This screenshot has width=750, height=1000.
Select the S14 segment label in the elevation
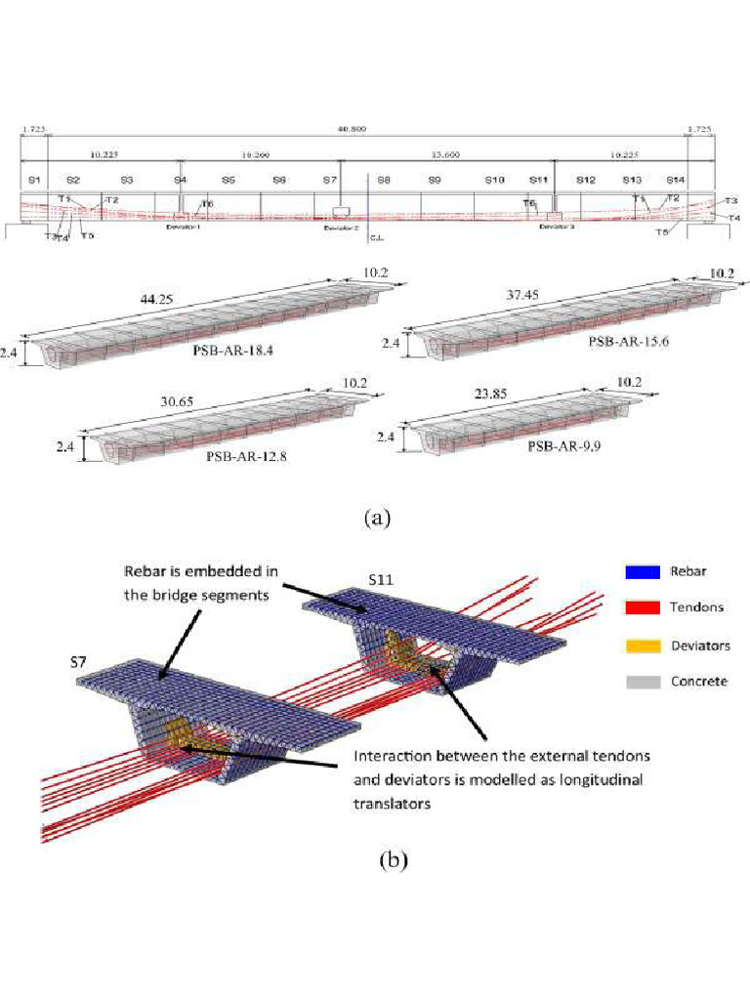675,181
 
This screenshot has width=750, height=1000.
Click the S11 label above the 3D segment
382,579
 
